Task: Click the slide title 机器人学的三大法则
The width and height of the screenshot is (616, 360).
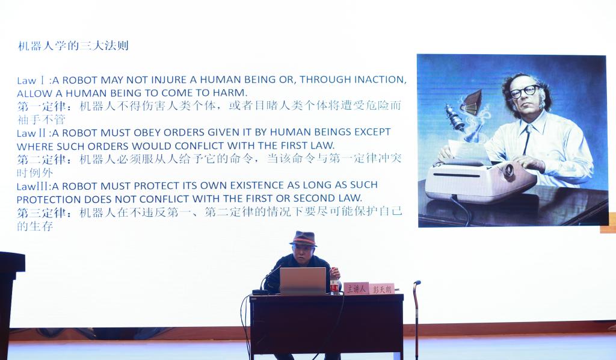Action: [x=73, y=46]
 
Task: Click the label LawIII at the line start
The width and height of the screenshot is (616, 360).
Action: [x=33, y=186]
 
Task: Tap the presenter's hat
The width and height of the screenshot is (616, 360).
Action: [x=304, y=238]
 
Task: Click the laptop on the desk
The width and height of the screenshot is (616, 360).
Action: [x=303, y=281]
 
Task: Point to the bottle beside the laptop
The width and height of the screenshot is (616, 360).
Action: [x=334, y=281]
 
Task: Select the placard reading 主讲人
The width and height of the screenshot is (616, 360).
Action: [x=356, y=288]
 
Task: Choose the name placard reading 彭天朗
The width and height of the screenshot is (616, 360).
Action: [x=382, y=289]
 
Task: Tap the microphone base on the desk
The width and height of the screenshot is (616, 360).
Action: [x=259, y=292]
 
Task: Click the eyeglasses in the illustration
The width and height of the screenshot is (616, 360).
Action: [x=525, y=92]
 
